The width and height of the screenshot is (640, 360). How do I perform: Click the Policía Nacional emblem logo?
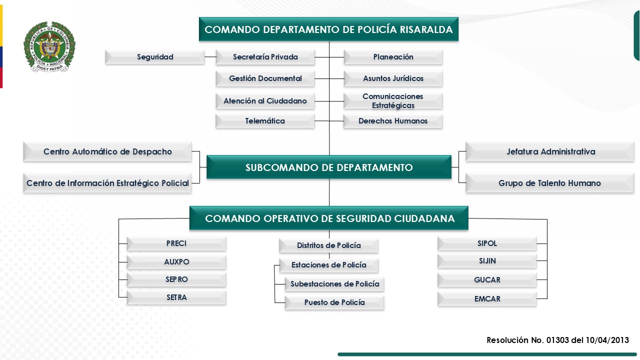[49, 47]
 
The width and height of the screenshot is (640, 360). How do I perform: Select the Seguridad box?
[155, 57]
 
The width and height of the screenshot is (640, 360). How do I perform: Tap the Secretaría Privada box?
[265, 57]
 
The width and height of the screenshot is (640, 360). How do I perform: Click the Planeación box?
[393, 57]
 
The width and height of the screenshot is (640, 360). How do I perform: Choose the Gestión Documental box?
[265, 78]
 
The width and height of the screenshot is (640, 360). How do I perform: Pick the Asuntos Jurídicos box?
[393, 78]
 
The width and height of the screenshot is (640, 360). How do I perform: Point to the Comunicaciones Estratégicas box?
[393, 101]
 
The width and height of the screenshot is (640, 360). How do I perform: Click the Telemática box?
[265, 121]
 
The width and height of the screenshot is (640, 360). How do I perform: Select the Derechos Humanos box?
[393, 121]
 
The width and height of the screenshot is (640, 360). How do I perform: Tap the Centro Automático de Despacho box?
[107, 151]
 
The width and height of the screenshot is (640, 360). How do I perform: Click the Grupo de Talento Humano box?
[549, 183]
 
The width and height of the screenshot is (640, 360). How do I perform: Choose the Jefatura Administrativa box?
[549, 151]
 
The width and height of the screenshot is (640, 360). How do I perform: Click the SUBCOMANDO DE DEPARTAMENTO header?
[329, 167]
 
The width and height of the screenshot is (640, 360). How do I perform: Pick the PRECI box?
[176, 243]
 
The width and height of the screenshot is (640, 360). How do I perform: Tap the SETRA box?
[176, 297]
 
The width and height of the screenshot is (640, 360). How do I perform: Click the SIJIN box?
[487, 261]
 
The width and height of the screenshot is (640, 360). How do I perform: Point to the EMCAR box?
[487, 299]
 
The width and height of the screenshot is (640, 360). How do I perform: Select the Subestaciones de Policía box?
[334, 284]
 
